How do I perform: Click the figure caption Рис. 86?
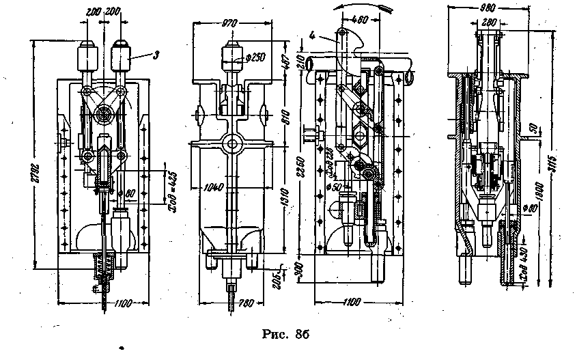(286, 334)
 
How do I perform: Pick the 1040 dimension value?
(214, 185)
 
